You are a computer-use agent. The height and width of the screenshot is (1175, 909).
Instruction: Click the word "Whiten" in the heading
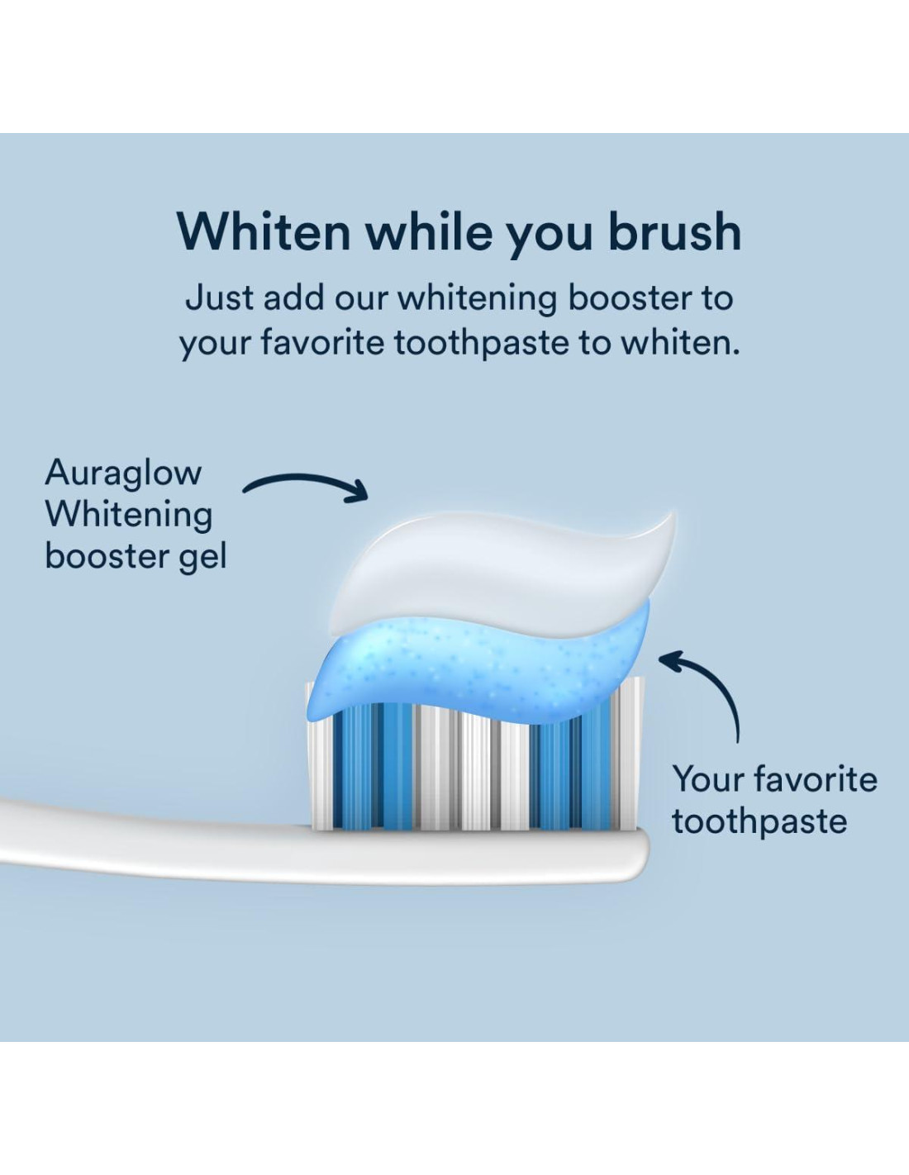click(264, 232)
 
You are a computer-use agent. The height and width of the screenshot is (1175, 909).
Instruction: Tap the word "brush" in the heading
click(675, 231)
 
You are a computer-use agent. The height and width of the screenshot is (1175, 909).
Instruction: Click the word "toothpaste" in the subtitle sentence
click(481, 343)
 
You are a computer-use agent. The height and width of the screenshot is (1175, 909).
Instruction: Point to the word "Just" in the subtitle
click(219, 298)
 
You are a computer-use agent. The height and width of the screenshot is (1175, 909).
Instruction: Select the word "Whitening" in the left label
click(129, 514)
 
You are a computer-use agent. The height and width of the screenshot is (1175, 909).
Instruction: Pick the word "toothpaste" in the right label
click(759, 822)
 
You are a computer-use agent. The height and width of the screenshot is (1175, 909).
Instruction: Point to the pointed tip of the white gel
click(673, 514)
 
